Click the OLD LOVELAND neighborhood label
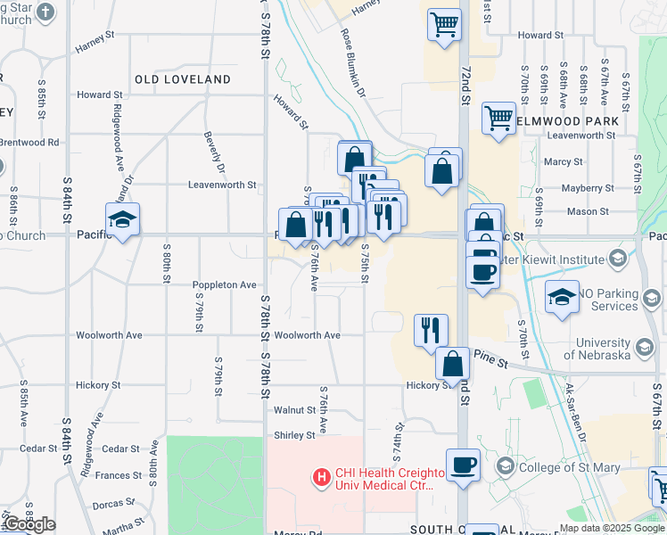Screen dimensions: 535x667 point(183,79)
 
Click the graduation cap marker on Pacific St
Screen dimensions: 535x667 point(123,219)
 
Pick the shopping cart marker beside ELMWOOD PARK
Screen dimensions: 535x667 point(498,118)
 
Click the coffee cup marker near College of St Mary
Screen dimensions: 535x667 point(463,465)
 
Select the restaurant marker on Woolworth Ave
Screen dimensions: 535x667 point(431,330)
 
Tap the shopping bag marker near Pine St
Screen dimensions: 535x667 point(453,363)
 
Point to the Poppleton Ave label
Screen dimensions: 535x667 point(225,285)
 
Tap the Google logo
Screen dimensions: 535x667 point(29,525)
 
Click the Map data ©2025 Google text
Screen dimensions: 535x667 point(611,528)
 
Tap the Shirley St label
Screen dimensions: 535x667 point(294,435)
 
